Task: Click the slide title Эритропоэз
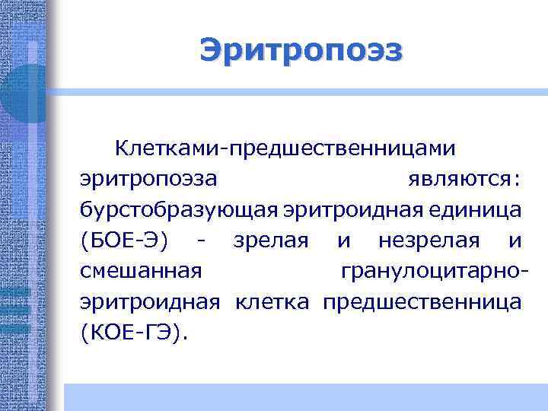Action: coord(301,51)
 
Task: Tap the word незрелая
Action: coord(430,241)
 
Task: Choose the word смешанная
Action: coord(141,272)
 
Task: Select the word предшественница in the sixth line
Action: coord(422,302)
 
